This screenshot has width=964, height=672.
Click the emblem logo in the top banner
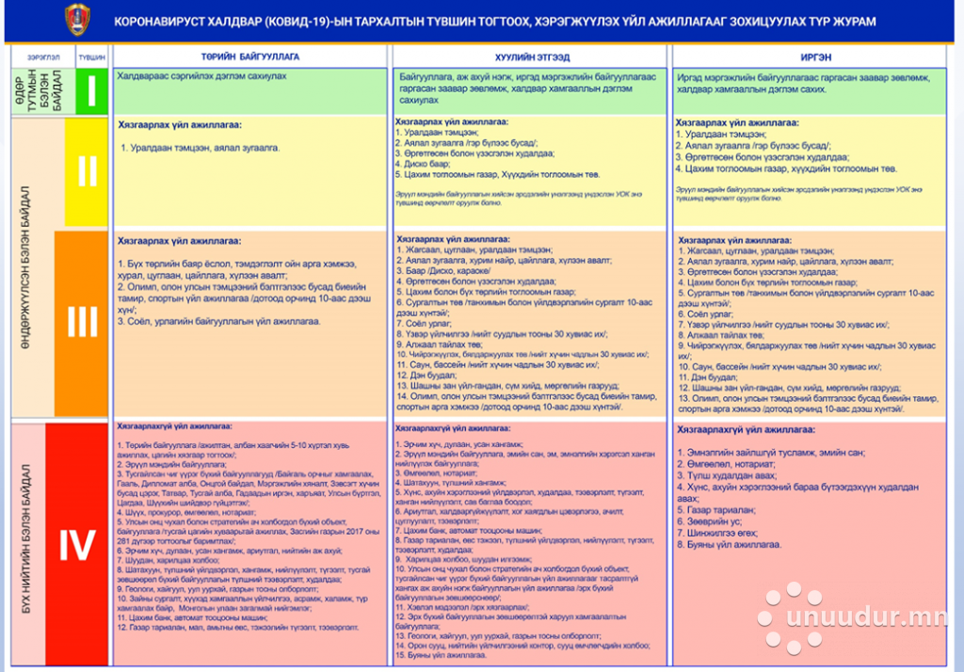[74, 20]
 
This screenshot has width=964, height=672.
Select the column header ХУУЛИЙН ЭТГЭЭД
[532, 56]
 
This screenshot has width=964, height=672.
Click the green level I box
[91, 91]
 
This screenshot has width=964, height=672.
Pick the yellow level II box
[87, 171]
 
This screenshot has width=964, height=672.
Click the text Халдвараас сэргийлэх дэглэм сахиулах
[201, 75]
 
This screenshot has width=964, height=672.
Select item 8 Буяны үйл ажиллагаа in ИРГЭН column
[730, 545]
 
